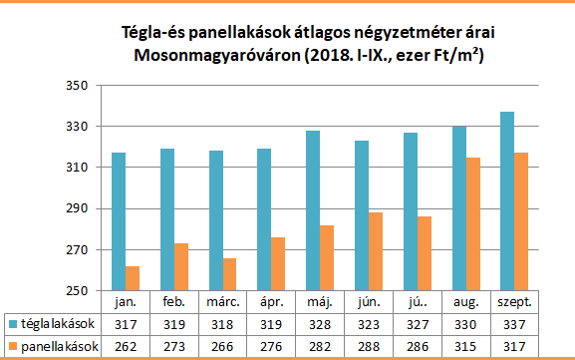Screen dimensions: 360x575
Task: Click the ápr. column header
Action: pyautogui.click(x=271, y=301)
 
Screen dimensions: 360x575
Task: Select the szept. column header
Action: pyautogui.click(x=515, y=301)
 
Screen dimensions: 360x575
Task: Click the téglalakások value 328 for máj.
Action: pyautogui.click(x=320, y=324)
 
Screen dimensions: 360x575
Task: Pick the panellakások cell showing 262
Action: pyautogui.click(x=125, y=346)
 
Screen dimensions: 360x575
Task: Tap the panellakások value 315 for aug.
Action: pyautogui.click(x=466, y=346)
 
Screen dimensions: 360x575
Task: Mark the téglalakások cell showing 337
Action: pyautogui.click(x=515, y=324)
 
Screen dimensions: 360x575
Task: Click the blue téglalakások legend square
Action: pyautogui.click(x=12, y=324)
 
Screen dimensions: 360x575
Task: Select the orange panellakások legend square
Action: pyautogui.click(x=12, y=346)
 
